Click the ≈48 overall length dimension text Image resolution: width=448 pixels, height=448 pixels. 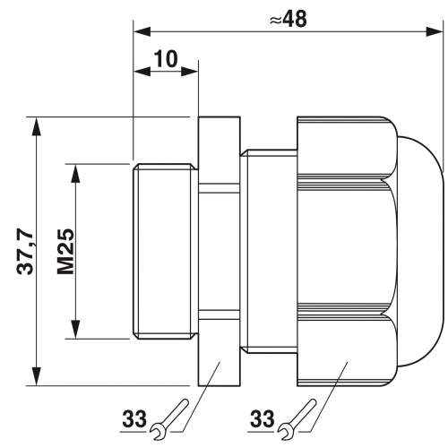coord(288,20)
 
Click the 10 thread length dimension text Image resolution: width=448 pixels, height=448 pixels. coord(166,59)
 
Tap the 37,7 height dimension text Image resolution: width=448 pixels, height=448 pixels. coord(25,251)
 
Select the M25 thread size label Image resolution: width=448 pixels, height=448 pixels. coord(65,252)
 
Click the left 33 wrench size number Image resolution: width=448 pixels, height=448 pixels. coord(134,418)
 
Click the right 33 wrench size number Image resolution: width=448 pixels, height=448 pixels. coord(262,418)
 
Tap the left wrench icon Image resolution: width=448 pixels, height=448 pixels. coord(169,419)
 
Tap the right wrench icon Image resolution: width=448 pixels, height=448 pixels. coord(297,419)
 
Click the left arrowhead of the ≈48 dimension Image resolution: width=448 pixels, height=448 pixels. coord(142,31)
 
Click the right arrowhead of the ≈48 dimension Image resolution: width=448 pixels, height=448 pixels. coord(434,31)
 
